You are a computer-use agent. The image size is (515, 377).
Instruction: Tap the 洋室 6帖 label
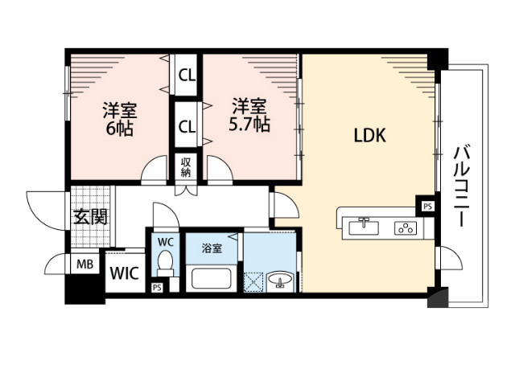117,117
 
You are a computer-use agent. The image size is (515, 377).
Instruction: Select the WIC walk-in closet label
125,272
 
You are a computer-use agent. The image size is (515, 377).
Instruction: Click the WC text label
166,241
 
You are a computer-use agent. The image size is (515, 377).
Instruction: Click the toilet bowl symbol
166,263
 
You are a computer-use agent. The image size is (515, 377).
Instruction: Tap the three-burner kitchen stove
405,227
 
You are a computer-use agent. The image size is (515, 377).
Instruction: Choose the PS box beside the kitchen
427,206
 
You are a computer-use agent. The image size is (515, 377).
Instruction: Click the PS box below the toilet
156,287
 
